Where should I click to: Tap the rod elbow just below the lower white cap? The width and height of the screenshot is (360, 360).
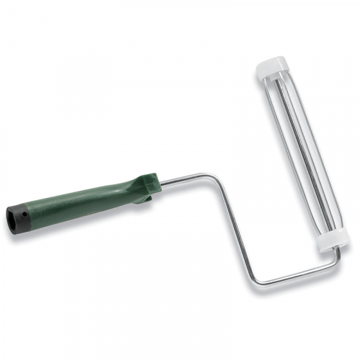tap(337, 257)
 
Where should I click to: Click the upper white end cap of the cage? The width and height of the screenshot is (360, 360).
tap(271, 68)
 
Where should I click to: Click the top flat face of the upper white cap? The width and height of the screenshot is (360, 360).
tap(271, 62)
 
